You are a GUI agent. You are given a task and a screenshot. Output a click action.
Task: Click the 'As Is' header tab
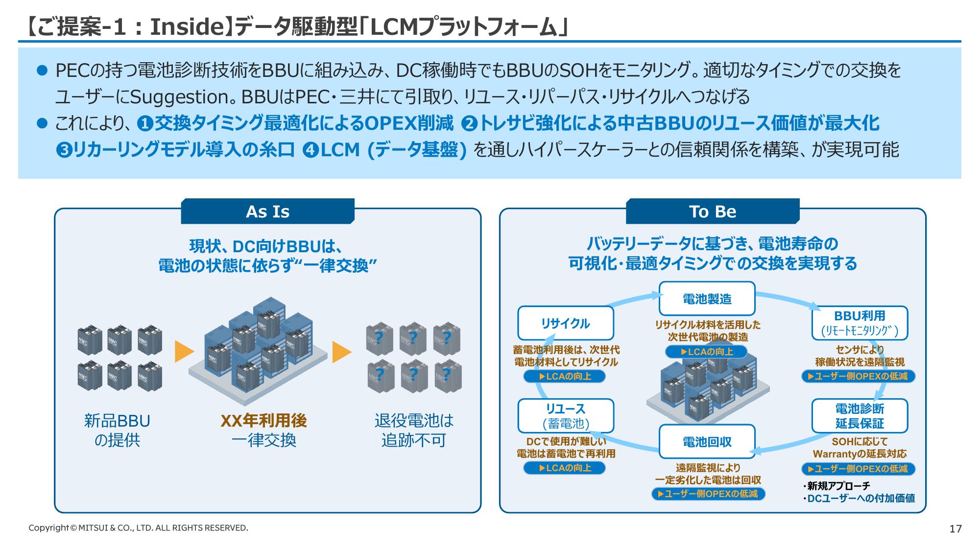pyautogui.click(x=267, y=212)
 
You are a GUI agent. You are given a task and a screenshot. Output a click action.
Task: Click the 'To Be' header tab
pyautogui.click(x=712, y=212)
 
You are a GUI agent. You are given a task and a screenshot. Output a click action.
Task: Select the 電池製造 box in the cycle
pyautogui.click(x=707, y=299)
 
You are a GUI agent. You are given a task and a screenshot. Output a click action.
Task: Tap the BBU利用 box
pyautogui.click(x=860, y=323)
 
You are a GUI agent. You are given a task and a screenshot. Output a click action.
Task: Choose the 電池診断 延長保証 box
pyautogui.click(x=860, y=416)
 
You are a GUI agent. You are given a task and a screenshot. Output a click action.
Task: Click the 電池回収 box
pyautogui.click(x=707, y=442)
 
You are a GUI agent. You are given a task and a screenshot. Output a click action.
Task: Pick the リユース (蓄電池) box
pyautogui.click(x=566, y=416)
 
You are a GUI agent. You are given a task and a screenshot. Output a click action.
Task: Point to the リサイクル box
pyautogui.click(x=566, y=323)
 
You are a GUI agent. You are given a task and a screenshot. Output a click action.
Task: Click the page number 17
pyautogui.click(x=955, y=529)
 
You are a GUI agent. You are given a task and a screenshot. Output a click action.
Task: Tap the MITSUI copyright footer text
pyautogui.click(x=138, y=528)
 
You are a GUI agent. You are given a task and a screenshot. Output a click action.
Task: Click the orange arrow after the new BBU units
pyautogui.click(x=184, y=352)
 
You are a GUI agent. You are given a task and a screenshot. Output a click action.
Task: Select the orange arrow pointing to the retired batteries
pyautogui.click(x=341, y=352)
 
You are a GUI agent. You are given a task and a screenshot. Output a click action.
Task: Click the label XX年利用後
pyautogui.click(x=263, y=421)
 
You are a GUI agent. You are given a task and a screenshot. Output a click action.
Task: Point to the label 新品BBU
pyautogui.click(x=117, y=421)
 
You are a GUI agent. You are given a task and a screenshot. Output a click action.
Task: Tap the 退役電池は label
pyautogui.click(x=414, y=421)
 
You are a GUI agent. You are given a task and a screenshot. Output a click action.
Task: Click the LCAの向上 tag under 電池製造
pyautogui.click(x=706, y=352)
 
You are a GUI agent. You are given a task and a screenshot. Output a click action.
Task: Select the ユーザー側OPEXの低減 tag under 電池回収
pyautogui.click(x=708, y=494)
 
